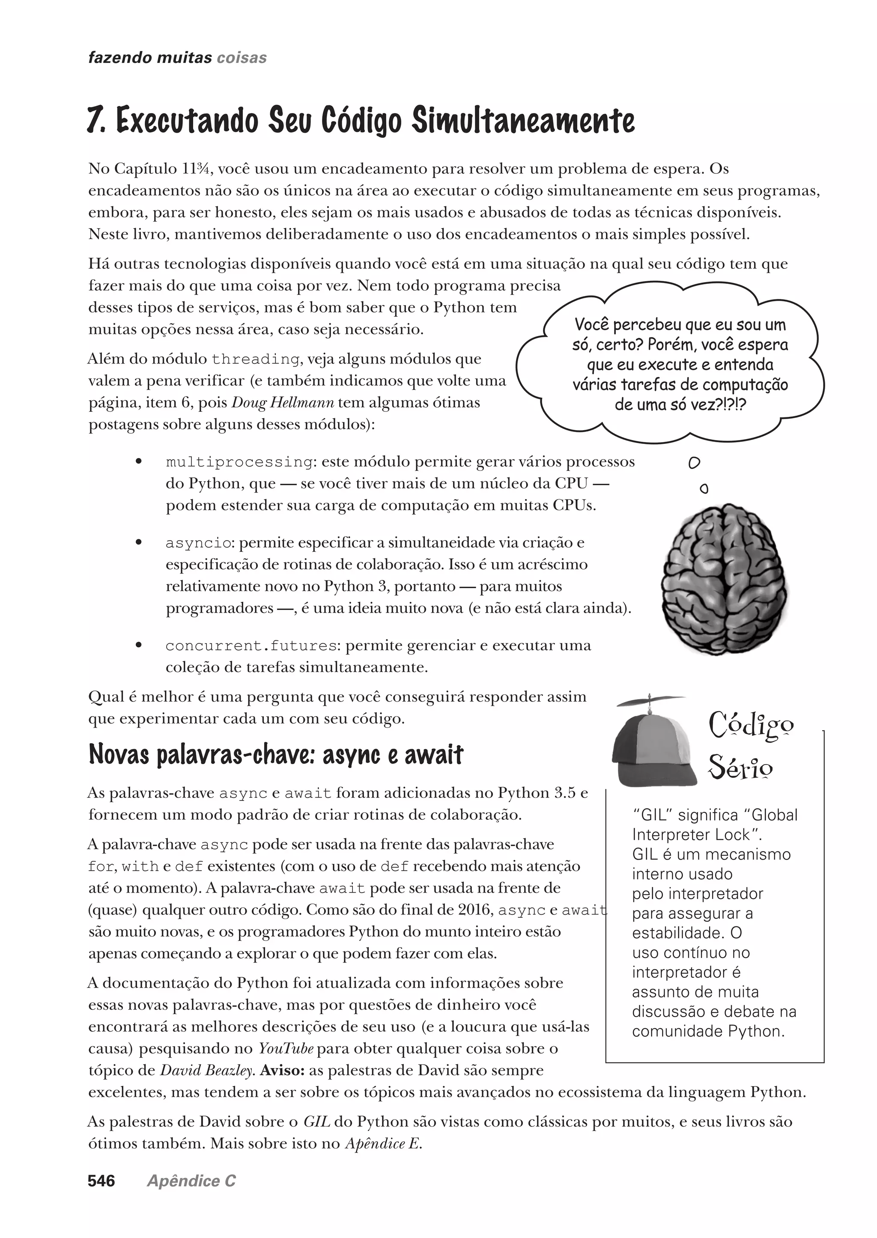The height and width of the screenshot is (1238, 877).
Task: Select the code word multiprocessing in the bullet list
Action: click(239, 462)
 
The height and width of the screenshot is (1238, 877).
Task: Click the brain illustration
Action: click(724, 579)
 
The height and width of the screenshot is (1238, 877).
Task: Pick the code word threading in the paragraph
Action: click(255, 359)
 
